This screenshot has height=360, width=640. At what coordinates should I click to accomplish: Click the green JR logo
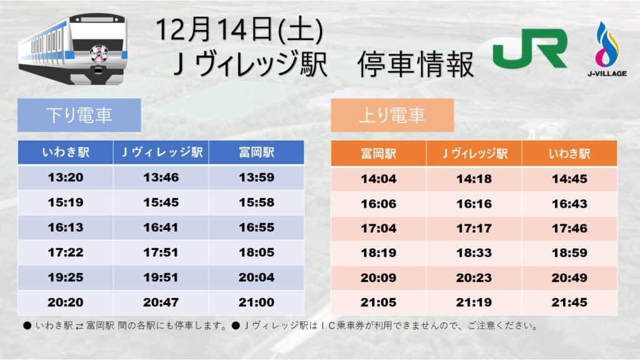530,48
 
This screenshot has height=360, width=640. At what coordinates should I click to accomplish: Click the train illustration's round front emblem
99,54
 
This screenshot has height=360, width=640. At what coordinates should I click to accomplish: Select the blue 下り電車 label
79,115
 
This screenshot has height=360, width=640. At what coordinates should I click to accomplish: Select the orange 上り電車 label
392,115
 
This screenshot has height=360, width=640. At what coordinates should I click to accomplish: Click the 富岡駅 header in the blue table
256,152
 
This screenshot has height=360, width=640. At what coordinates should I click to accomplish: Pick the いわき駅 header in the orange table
569,154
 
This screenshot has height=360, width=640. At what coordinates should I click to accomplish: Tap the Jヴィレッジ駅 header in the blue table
161,152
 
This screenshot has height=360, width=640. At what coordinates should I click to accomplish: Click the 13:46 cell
161,177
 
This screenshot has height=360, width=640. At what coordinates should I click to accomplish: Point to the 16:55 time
256,227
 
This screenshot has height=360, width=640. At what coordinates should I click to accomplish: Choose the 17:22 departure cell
65,252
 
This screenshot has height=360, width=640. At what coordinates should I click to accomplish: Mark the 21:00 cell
256,302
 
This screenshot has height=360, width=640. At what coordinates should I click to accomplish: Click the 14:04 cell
378,179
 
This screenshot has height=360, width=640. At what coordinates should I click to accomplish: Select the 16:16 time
474,204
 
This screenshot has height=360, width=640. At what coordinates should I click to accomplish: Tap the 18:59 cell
569,252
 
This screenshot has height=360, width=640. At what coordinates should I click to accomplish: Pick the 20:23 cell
474,278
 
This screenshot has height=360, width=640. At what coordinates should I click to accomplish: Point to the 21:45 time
569,302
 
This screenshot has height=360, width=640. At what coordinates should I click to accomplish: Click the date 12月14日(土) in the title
239,30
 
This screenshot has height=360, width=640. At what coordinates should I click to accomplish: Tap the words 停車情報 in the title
415,64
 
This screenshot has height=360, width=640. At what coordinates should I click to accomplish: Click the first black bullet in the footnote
27,326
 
